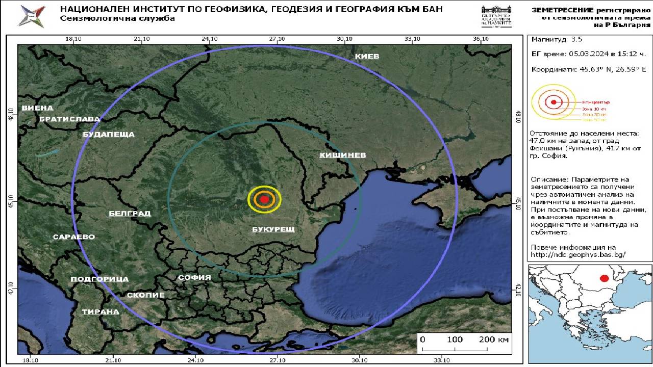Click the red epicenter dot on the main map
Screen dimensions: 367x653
(x=264, y=199)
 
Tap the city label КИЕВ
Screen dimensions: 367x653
(x=367, y=56)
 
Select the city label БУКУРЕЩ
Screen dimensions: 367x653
(x=273, y=229)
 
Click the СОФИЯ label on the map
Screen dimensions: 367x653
(x=194, y=278)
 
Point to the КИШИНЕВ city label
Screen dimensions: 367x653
(x=343, y=155)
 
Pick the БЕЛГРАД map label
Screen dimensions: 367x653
(x=130, y=214)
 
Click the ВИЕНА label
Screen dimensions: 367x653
(x=37, y=108)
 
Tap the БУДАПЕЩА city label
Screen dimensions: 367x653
(x=108, y=135)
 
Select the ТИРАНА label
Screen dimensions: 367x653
(x=101, y=312)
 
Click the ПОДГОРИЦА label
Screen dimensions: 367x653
(x=99, y=279)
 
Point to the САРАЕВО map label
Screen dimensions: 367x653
(x=74, y=237)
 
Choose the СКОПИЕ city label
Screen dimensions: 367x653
(x=145, y=295)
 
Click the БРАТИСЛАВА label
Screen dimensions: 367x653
(x=69, y=119)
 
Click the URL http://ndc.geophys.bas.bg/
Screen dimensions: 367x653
(x=578, y=255)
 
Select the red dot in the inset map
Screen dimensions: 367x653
(x=604, y=278)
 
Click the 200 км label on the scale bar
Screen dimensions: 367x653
(x=494, y=340)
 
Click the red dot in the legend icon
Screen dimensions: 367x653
(x=554, y=102)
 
